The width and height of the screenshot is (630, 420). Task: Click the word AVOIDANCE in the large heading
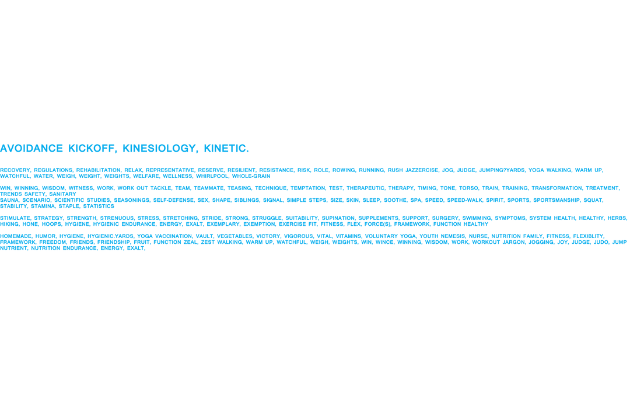tap(32, 149)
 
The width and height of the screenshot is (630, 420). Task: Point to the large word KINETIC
tap(226, 149)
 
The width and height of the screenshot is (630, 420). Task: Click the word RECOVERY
tap(15, 170)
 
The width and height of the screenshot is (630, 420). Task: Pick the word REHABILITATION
tap(98, 170)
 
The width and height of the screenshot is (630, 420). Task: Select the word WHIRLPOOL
tap(212, 176)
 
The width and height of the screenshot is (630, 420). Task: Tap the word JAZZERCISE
tap(422, 170)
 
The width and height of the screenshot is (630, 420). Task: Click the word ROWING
tap(344, 170)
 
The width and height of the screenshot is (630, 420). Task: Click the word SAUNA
tap(9, 200)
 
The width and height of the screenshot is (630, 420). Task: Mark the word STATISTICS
tap(99, 206)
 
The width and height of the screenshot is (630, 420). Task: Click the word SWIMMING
tap(477, 218)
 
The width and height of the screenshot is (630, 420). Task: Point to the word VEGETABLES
tap(235, 236)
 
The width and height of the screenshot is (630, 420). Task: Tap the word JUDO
tap(601, 242)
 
